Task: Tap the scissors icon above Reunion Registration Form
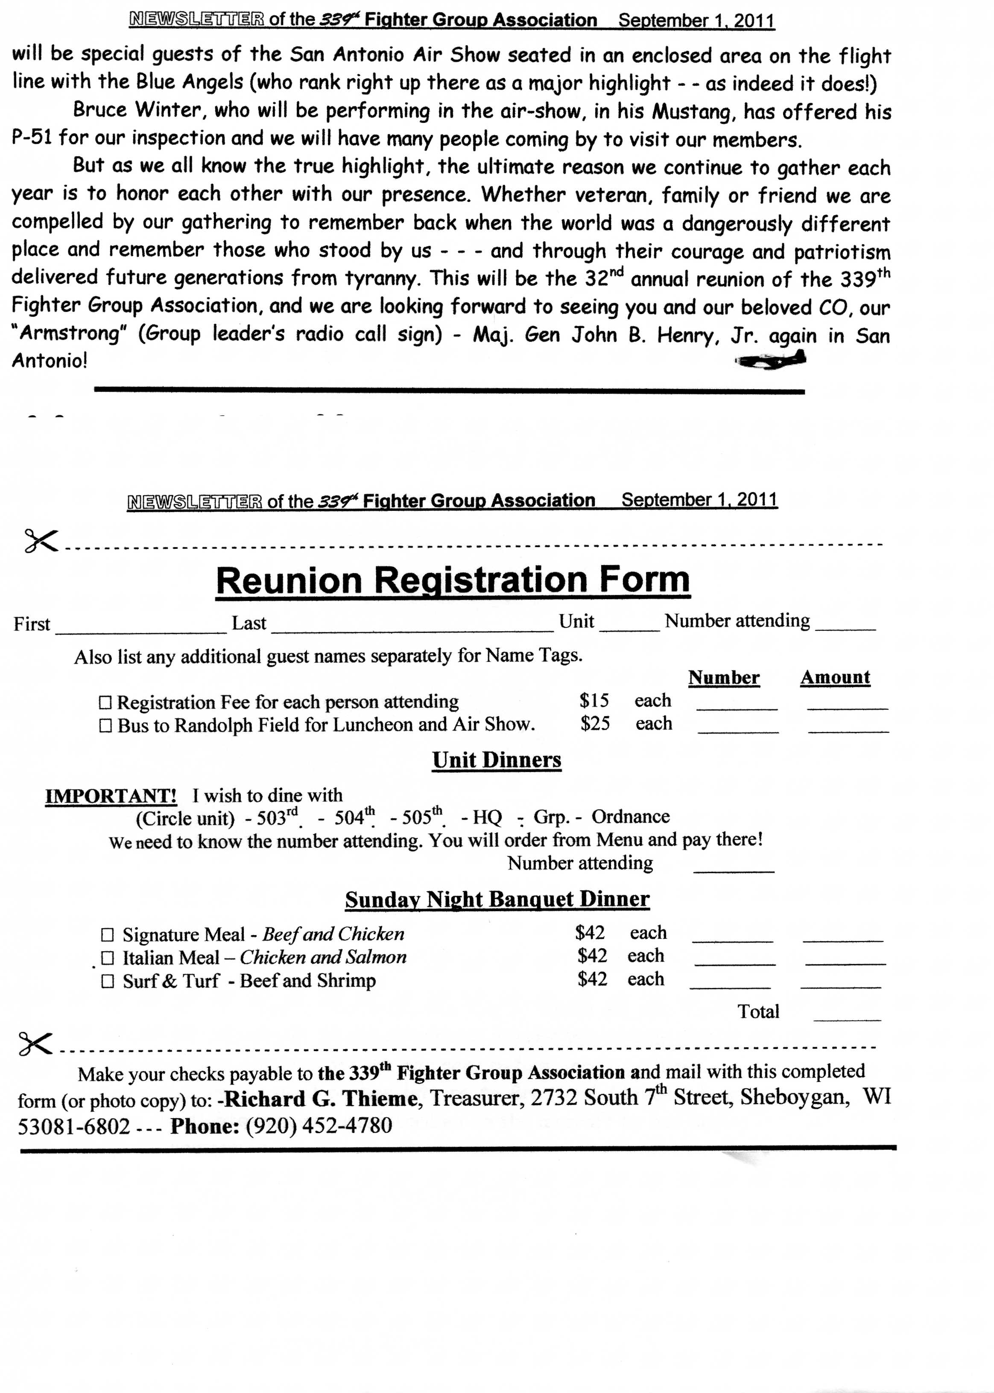pos(41,541)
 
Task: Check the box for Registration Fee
pos(105,702)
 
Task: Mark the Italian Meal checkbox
pos(108,958)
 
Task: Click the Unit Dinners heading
pos(497,760)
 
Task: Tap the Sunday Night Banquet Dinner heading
pos(497,899)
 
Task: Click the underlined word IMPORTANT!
pos(111,796)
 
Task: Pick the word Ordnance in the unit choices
pos(631,817)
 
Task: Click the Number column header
pos(723,678)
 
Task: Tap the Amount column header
pos(835,677)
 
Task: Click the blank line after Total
pos(847,1016)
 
